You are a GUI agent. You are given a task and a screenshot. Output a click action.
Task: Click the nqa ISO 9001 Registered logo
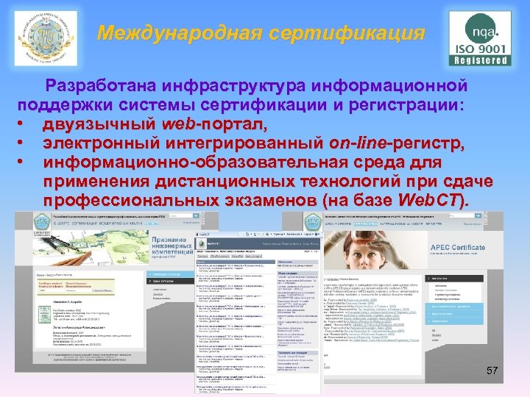pos(480,38)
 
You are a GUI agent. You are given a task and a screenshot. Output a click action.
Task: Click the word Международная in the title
pos(176,33)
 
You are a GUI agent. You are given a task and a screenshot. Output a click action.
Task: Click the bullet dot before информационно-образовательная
pos(26,162)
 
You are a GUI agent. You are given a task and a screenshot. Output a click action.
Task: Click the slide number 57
pos(492,372)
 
